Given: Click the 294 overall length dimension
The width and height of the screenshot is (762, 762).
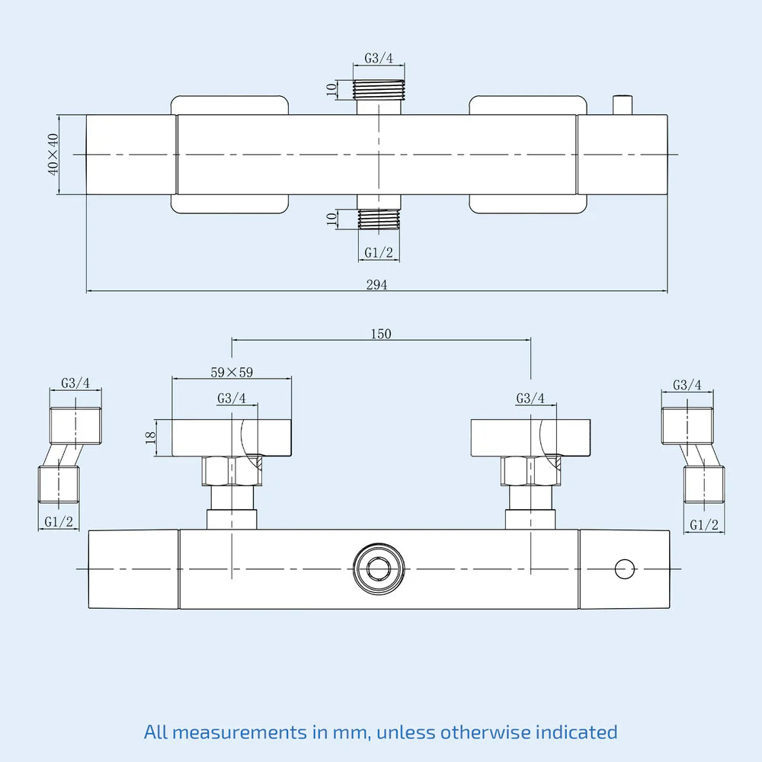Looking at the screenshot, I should click(x=376, y=284).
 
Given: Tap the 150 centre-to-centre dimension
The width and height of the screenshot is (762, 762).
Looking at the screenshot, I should click(x=381, y=334).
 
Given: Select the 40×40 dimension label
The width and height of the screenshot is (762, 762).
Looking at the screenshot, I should click(x=53, y=155).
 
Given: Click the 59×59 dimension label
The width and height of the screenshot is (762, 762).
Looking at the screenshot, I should click(x=232, y=373).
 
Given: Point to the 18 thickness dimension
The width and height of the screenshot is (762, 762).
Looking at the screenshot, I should click(x=151, y=437).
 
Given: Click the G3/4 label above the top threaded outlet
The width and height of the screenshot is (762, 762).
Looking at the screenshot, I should click(x=379, y=58).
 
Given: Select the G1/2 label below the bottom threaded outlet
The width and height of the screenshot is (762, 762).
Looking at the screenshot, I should click(x=379, y=253).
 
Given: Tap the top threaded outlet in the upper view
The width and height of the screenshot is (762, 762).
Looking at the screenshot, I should click(x=379, y=89).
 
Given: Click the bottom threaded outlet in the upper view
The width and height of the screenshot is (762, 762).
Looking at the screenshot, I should click(x=379, y=219).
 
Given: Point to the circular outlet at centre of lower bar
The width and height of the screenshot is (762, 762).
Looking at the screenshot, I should click(x=379, y=568).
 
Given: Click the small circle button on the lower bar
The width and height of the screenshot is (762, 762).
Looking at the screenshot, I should click(x=625, y=568).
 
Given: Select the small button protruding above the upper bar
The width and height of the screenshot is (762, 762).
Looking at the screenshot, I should click(x=623, y=105).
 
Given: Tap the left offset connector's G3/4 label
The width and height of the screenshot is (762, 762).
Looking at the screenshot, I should click(x=75, y=383).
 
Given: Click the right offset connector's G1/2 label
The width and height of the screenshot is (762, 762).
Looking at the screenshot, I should click(x=703, y=524).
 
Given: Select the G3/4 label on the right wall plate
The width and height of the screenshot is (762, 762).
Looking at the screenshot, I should click(x=530, y=399).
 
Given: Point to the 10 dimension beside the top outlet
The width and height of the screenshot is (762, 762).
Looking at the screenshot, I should click(x=331, y=89).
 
